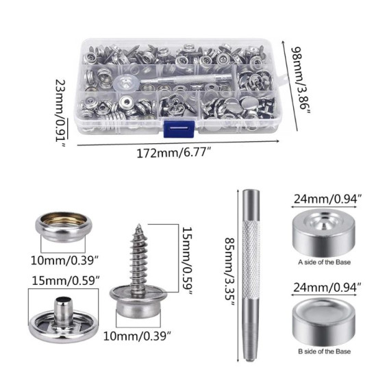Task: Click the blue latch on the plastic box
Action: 179,129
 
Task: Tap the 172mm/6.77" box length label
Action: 174,153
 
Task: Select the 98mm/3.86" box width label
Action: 301,80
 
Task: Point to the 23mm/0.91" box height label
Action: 61,113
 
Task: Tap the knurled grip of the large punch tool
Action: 251,259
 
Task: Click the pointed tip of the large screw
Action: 139,225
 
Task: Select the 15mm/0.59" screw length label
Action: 187,261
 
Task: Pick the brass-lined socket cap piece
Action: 64,227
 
